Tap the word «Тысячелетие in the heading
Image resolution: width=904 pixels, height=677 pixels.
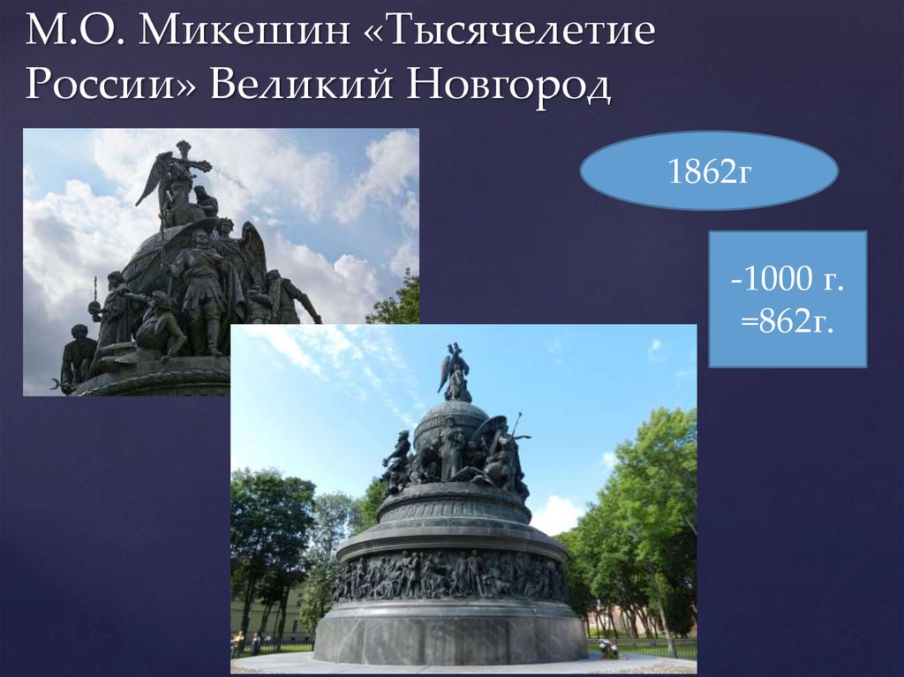(511, 34)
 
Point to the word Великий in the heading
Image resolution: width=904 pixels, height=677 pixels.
(301, 87)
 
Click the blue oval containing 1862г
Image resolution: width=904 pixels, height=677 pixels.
(708, 171)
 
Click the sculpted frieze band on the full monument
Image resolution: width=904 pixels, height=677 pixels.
(450, 575)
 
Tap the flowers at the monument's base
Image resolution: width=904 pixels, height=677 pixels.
(607, 650)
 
